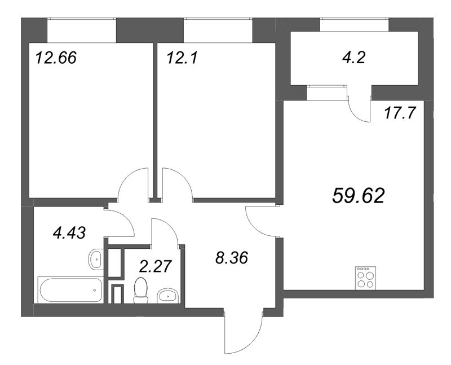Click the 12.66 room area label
pos(55,58)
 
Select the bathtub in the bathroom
pos(70,289)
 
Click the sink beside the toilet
pos(167,295)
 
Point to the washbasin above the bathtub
pos(95,260)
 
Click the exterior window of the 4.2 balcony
pos(355,25)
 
